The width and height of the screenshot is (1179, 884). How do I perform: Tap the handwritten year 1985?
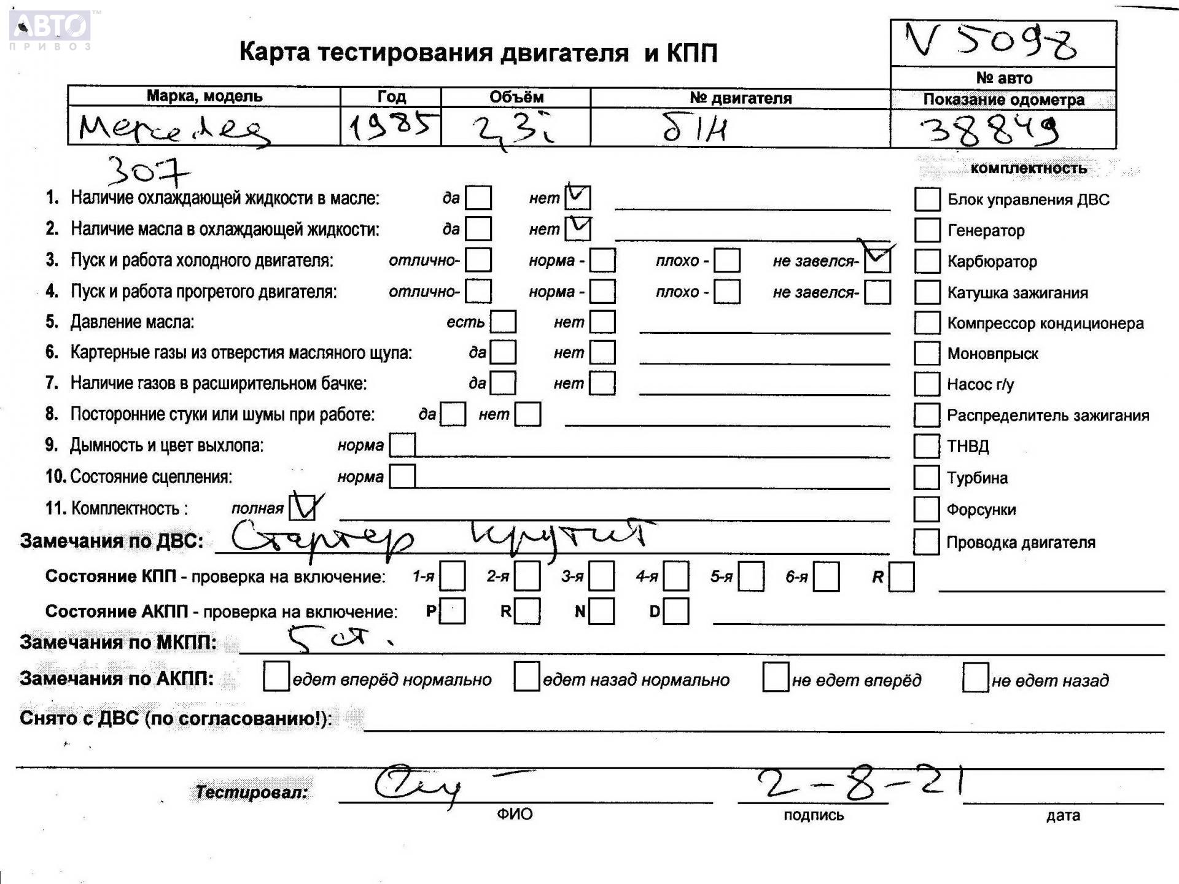pyautogui.click(x=391, y=127)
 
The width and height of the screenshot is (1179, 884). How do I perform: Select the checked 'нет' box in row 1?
pyautogui.click(x=577, y=198)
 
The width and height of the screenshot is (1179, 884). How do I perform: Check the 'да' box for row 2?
pyautogui.click(x=478, y=229)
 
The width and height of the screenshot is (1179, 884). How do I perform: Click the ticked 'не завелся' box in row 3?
pyautogui.click(x=877, y=260)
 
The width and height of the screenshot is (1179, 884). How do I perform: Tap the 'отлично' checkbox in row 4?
pyautogui.click(x=478, y=292)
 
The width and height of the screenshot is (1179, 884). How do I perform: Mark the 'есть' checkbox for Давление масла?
pyautogui.click(x=503, y=322)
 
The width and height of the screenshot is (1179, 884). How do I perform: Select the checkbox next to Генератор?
pyautogui.click(x=927, y=230)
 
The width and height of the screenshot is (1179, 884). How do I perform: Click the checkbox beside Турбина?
pyautogui.click(x=926, y=478)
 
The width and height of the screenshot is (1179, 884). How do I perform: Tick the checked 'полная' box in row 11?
pyautogui.click(x=302, y=508)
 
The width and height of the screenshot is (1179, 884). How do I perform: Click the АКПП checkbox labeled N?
pyautogui.click(x=601, y=611)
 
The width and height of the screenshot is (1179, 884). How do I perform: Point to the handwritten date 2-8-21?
pyautogui.click(x=860, y=783)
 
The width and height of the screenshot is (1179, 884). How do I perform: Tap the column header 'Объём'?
pyautogui.click(x=516, y=97)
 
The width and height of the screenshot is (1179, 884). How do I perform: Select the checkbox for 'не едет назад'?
pyautogui.click(x=975, y=678)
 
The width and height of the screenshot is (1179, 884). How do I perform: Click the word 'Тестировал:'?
pyautogui.click(x=252, y=793)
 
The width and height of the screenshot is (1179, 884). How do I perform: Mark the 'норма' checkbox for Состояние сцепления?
pyautogui.click(x=402, y=476)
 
